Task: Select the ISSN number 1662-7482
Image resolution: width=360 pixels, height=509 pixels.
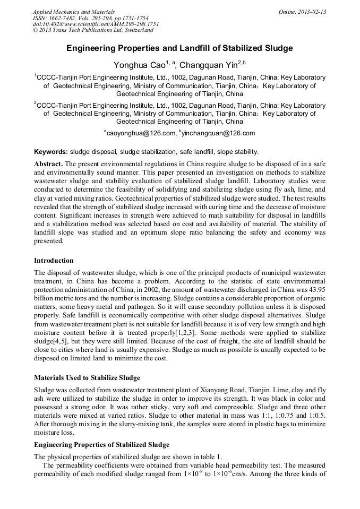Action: click(61, 18)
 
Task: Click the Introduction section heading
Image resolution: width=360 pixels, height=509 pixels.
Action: click(54, 261)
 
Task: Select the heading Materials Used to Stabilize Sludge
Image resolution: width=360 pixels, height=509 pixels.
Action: click(87, 378)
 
